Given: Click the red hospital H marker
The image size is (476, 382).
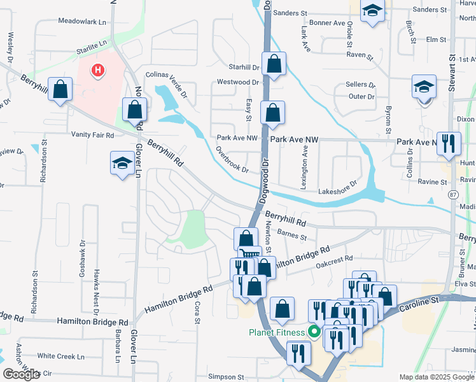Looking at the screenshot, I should pyautogui.click(x=97, y=70).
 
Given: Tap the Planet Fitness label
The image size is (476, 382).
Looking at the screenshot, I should pyautogui.click(x=277, y=332).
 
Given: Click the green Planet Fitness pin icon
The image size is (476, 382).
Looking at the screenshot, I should pyautogui.click(x=313, y=332).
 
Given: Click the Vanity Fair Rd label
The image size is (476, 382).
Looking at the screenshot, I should pyautogui.click(x=92, y=135).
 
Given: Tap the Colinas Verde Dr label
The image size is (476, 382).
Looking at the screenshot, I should pyautogui.click(x=167, y=82).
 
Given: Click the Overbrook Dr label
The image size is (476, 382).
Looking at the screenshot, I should pyautogui.click(x=231, y=160).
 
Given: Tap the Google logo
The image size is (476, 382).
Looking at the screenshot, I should pyautogui.click(x=21, y=374).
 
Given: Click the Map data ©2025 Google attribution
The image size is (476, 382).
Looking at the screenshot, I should pyautogui.click(x=435, y=377).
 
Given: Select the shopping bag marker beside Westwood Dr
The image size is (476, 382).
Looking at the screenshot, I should pyautogui.click(x=274, y=65).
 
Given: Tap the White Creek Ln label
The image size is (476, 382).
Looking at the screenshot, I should pyautogui.click(x=61, y=356).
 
